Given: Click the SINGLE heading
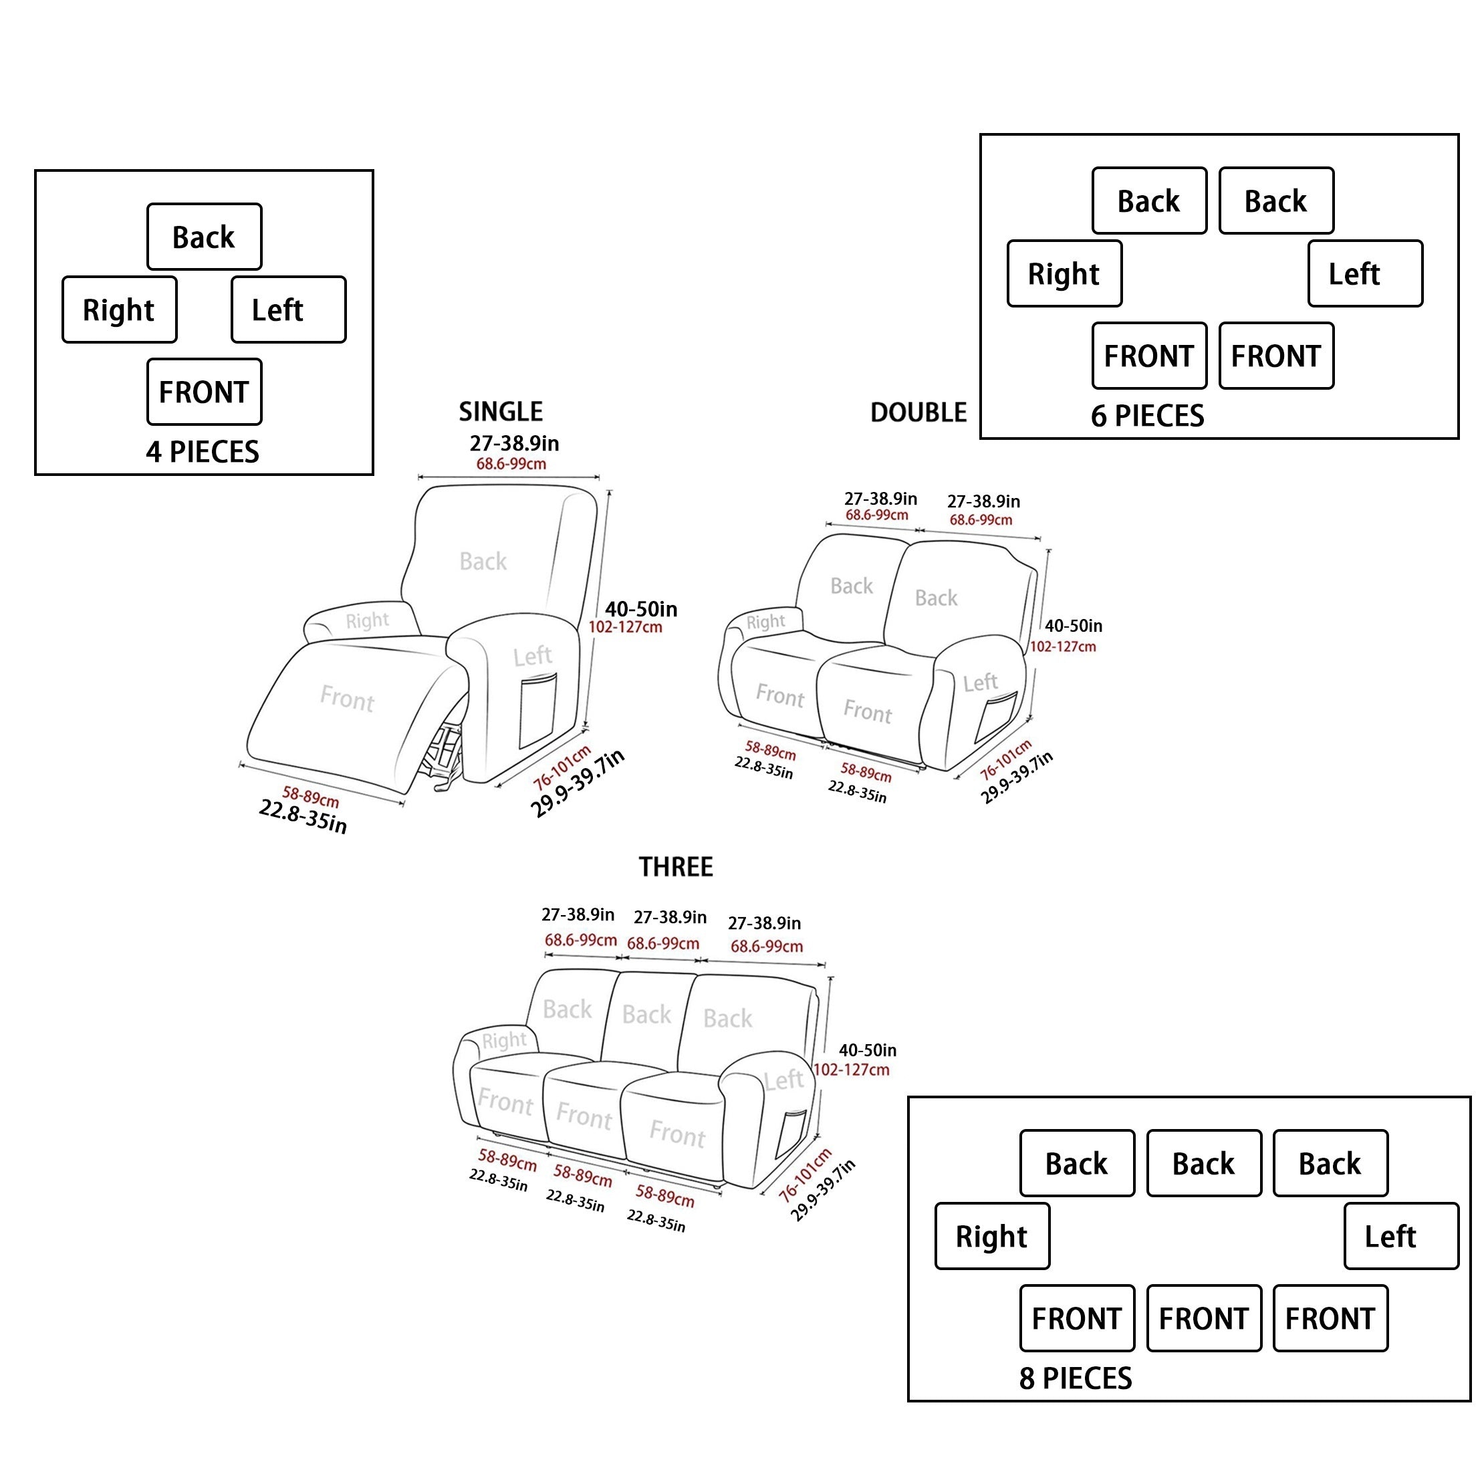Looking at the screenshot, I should pos(501,412).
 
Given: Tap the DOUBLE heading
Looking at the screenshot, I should pos(918,412).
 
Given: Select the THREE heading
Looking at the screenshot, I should pos(676,867).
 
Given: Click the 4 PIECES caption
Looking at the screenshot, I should pos(203,452).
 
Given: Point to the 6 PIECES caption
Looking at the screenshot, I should pos(1148,416).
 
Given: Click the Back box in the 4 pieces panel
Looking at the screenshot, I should pos(205,237).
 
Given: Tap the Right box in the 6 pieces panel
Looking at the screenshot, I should pos(1065,273).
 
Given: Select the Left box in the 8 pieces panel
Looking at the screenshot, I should pos(1401,1236).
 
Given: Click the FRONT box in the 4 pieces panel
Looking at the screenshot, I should pos(205,392).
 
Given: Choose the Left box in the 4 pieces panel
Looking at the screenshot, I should pos(289,310).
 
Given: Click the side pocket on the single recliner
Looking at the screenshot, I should pos(537,711).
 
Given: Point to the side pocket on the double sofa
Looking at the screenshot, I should pos(995,715).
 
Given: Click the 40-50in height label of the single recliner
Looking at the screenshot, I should pos(640,609).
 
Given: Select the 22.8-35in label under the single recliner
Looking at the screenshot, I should pos(303,816).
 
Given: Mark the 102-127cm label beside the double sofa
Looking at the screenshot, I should pos(1063,647).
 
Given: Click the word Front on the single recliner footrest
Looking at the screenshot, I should pos(347,699).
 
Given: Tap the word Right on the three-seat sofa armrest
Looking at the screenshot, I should pos(504,1041).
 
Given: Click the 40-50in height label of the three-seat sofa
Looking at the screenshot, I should pos(867,1050).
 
